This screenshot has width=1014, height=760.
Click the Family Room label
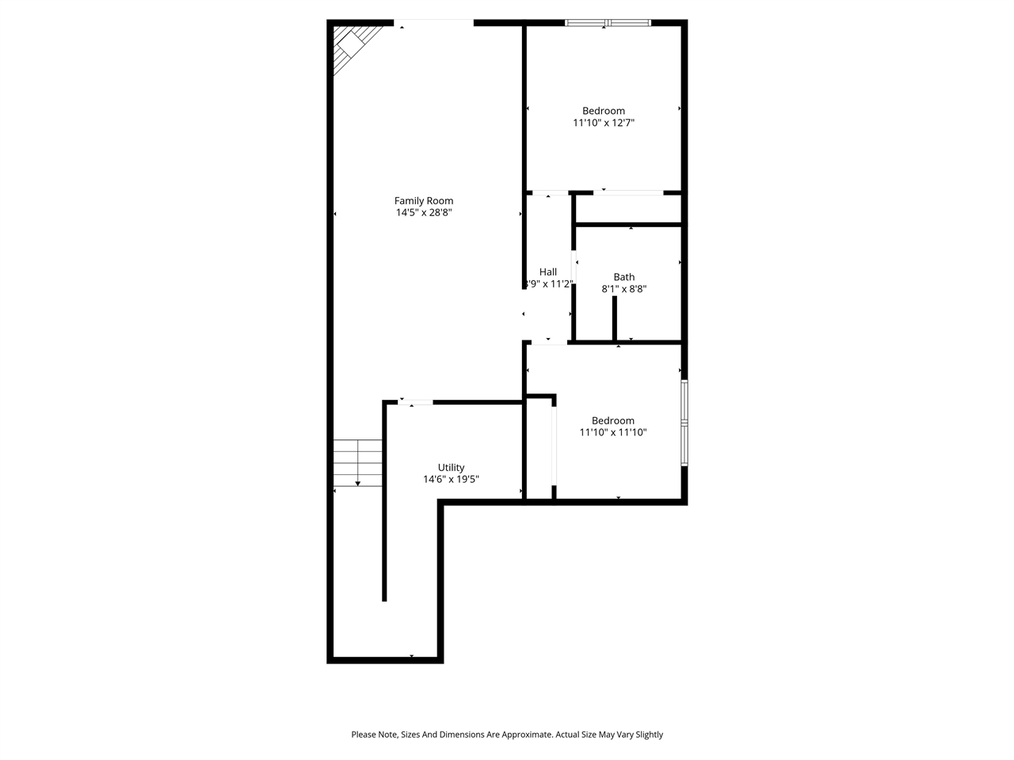tap(424, 201)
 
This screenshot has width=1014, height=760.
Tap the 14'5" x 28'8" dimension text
tap(424, 213)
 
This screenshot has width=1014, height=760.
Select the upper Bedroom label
tap(604, 111)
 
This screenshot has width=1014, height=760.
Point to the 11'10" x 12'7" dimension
tap(604, 123)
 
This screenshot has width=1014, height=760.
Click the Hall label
tap(548, 272)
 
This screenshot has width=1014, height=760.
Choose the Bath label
tap(624, 277)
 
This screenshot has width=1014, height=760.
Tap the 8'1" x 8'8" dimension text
tap(624, 289)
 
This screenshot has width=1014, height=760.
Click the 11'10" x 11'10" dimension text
tap(613, 432)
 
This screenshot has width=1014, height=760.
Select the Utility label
tap(452, 467)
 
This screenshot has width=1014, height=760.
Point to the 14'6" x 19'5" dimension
tap(452, 479)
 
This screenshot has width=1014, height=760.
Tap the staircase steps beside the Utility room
tap(358, 462)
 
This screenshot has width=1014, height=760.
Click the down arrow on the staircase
tap(358, 482)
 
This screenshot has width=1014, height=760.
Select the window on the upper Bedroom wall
tap(608, 23)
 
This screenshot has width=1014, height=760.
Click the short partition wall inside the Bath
tap(614, 318)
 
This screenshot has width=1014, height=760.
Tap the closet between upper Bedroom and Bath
tap(628, 209)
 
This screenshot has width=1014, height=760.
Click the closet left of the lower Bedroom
tap(539, 450)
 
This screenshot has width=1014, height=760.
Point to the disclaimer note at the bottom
tap(507, 735)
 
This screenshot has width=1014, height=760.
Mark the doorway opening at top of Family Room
tap(434, 22)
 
